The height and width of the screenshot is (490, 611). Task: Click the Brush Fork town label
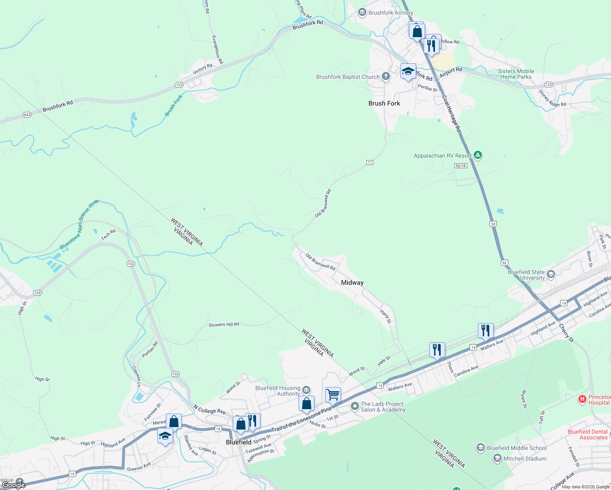[384, 103]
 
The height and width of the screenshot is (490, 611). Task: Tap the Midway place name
[352, 283]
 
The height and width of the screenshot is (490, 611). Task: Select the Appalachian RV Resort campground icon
[478, 155]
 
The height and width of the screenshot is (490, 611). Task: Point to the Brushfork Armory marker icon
[362, 12]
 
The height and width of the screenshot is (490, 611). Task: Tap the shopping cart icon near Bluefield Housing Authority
[333, 395]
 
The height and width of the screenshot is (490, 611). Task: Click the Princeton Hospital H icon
[582, 399]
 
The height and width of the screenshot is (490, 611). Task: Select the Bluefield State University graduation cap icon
[551, 274]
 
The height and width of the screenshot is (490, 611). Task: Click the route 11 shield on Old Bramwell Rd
[370, 163]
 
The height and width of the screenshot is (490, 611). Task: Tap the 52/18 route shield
[460, 166]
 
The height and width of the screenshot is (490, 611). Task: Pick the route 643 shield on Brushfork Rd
[27, 115]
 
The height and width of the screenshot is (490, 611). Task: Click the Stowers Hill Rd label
[224, 325]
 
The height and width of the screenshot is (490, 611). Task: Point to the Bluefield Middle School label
[516, 448]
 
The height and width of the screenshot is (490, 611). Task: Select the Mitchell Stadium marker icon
[497, 459]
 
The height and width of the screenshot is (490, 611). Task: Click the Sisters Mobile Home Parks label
[516, 74]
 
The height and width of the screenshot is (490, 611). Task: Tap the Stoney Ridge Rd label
[552, 98]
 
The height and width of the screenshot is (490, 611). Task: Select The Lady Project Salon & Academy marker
[355, 406]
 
